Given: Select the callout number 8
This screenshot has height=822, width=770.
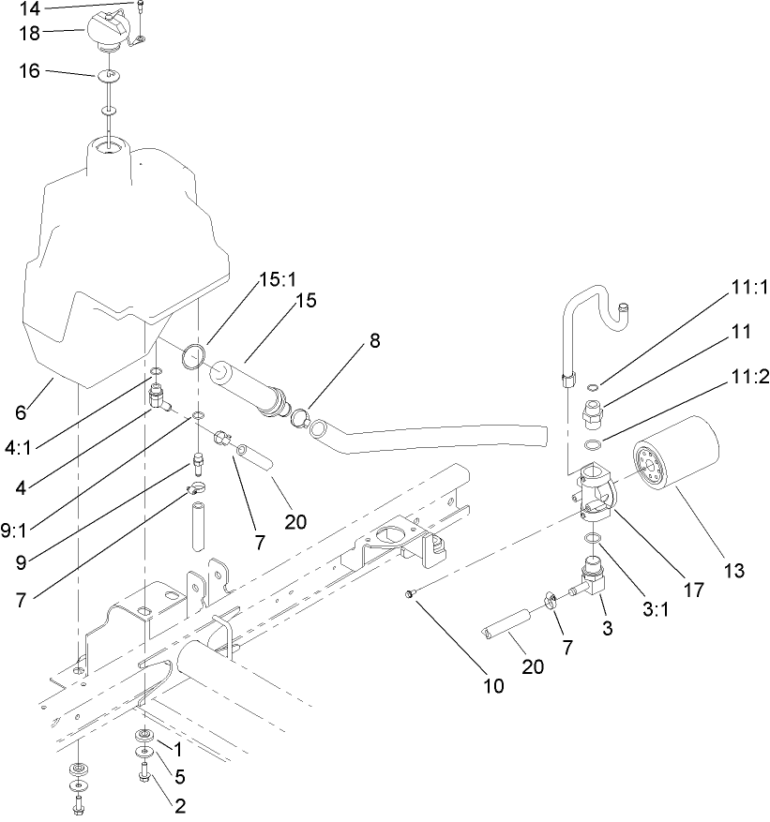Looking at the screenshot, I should click(374, 342).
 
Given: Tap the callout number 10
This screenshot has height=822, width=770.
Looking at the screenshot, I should click(493, 685).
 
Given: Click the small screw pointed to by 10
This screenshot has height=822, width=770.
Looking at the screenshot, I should click(411, 593).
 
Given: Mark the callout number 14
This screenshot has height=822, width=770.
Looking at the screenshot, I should click(30, 9).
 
